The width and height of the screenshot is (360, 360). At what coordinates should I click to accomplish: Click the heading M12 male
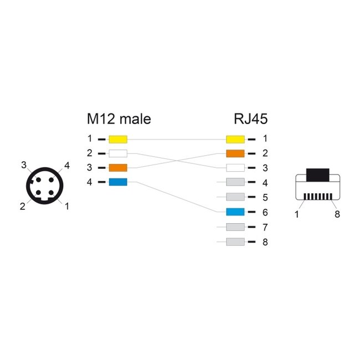pyautogui.click(x=119, y=119)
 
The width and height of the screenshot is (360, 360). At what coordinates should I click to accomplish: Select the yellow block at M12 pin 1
pyautogui.click(x=118, y=139)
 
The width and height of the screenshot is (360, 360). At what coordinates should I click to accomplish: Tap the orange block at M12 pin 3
pyautogui.click(x=118, y=168)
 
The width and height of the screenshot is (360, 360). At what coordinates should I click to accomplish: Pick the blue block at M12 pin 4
pyautogui.click(x=118, y=182)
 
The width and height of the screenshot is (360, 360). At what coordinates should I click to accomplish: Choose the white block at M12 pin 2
pyautogui.click(x=118, y=153)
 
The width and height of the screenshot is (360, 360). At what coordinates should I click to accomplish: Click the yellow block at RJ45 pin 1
pyautogui.click(x=235, y=139)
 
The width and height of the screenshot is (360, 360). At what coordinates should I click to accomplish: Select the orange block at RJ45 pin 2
pyautogui.click(x=235, y=153)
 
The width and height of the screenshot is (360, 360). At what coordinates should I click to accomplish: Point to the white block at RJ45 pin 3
pyautogui.click(x=235, y=168)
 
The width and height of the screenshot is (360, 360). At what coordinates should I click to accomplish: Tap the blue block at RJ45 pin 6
pyautogui.click(x=235, y=212)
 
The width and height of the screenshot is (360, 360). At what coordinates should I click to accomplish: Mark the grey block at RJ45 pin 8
pyautogui.click(x=235, y=242)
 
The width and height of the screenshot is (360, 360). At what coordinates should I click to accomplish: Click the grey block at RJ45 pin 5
pyautogui.click(x=235, y=197)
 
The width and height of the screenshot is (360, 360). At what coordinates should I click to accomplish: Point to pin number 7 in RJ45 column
pyautogui.click(x=265, y=227)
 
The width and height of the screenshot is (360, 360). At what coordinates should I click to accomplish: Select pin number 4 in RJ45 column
pyautogui.click(x=265, y=182)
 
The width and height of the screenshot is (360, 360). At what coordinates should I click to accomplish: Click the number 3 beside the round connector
pyautogui.click(x=24, y=165)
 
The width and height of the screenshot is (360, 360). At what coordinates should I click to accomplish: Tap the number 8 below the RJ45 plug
pyautogui.click(x=336, y=214)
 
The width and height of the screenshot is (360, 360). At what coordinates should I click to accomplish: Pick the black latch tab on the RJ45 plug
pyautogui.click(x=317, y=176)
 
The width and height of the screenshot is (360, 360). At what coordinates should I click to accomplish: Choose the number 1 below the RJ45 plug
pyautogui.click(x=297, y=214)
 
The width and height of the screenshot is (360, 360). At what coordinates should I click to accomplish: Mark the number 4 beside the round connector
pyautogui.click(x=67, y=165)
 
